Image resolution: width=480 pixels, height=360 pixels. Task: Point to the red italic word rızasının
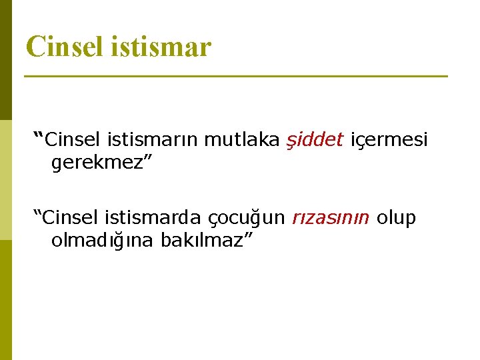(x=330, y=218)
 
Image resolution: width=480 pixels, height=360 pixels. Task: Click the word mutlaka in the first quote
(x=242, y=139)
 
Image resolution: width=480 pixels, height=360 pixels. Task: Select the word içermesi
(x=389, y=139)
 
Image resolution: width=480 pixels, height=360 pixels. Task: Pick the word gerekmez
(x=97, y=162)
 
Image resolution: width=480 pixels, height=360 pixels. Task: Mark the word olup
(x=397, y=218)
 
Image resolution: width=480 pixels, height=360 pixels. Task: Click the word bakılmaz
(x=201, y=241)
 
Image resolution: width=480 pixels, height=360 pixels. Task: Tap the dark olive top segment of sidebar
(x=5, y=60)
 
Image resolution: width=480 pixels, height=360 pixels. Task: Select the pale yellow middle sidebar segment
(x=5, y=180)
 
